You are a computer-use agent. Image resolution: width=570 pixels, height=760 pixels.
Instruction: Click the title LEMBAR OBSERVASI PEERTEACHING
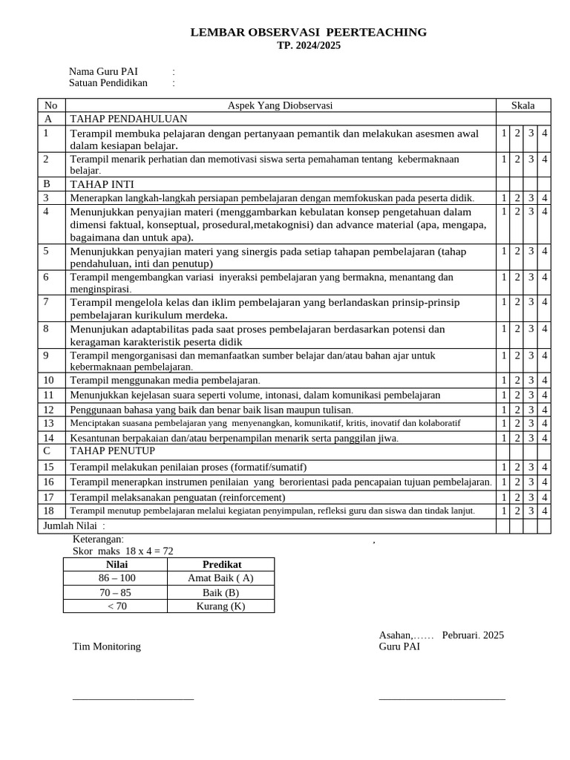(x=309, y=32)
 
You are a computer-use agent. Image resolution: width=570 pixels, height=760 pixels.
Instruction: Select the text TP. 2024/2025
(x=309, y=45)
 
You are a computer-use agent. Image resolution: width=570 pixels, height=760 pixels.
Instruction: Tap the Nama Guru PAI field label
(x=103, y=71)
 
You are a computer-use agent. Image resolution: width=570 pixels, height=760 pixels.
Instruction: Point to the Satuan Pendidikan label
(x=108, y=83)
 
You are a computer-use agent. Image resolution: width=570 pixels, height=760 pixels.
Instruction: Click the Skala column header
(x=522, y=105)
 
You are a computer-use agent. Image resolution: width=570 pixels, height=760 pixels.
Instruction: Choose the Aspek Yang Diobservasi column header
(x=280, y=105)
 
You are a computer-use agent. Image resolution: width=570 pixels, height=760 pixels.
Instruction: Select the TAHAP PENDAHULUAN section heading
(x=128, y=119)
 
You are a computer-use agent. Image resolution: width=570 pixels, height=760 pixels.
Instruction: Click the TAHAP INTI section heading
(x=102, y=184)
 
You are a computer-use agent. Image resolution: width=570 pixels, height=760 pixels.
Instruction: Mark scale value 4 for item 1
(x=545, y=134)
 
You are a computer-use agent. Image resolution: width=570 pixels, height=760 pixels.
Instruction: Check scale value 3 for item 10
(x=531, y=381)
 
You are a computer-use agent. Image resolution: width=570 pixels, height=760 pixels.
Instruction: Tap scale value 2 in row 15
(x=517, y=468)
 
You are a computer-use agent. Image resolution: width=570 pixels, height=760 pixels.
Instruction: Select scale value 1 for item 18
(x=504, y=511)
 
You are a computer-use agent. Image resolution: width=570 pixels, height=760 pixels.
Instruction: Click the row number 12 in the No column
(x=49, y=410)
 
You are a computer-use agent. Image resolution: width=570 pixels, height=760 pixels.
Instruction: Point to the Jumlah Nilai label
(x=72, y=526)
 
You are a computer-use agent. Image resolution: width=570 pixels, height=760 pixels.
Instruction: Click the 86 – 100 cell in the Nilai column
(x=117, y=578)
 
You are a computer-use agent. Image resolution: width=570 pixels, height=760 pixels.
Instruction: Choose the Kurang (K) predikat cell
(x=220, y=606)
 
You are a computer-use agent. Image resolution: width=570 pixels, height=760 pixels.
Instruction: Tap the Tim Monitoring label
(x=106, y=646)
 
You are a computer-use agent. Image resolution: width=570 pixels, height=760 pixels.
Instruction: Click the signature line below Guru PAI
(x=442, y=698)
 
